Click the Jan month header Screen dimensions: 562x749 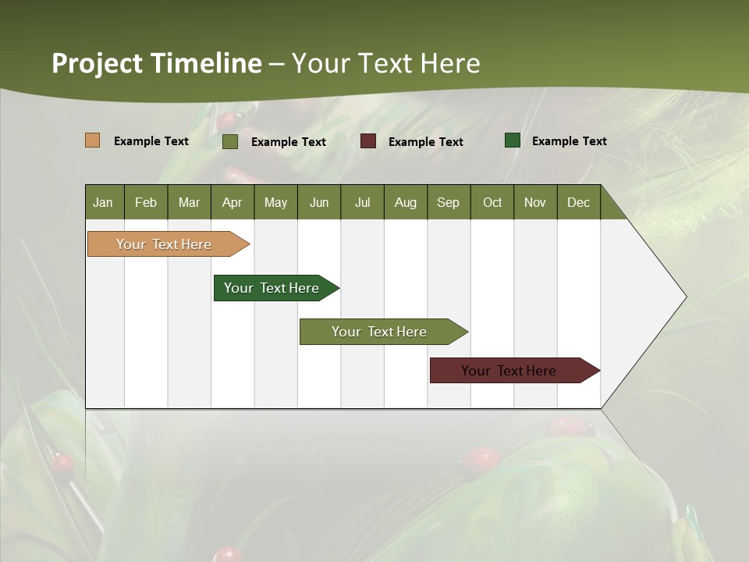[x=103, y=203]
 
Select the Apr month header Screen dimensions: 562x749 [x=233, y=203]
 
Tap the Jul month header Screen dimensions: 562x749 [x=362, y=203]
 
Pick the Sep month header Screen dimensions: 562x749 [x=448, y=203]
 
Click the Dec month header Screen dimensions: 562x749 [x=578, y=203]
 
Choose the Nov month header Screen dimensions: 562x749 [x=534, y=203]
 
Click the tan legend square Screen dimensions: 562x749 [x=92, y=140]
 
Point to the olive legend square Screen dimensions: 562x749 [x=229, y=141]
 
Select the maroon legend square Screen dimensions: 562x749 [x=368, y=141]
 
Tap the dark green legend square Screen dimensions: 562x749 [x=513, y=140]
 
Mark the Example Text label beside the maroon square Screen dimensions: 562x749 [x=425, y=142]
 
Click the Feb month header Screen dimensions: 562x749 [x=146, y=203]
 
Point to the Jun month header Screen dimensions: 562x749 [x=319, y=203]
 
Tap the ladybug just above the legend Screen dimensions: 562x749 [x=226, y=120]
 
